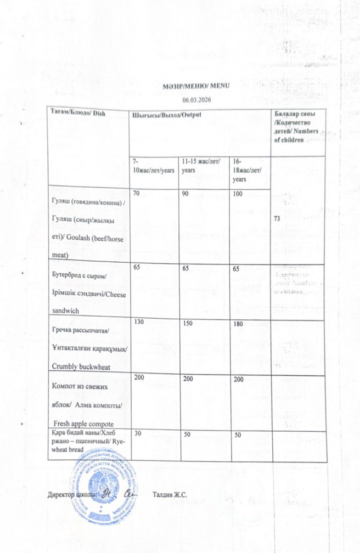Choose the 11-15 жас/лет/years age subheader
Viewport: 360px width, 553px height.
coord(201,166)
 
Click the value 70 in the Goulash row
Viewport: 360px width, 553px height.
coord(137,193)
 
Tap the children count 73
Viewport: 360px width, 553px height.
coord(277,218)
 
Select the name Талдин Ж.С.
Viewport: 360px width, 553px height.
coord(171,495)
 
